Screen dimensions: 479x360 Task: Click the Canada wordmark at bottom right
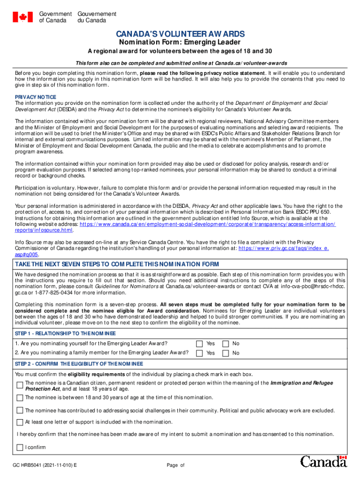tap(324, 462)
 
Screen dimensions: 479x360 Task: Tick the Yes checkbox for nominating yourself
tap(200, 344)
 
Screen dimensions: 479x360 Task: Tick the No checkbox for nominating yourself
tap(226, 344)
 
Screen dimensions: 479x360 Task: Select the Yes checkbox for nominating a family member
tap(200, 353)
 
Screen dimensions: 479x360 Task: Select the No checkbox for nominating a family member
tap(226, 353)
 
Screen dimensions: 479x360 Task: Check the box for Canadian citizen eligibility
tap(20, 385)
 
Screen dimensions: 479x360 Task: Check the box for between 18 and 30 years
tap(20, 398)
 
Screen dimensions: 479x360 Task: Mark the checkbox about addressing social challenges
tap(20, 410)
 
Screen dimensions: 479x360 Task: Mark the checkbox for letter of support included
tap(20, 422)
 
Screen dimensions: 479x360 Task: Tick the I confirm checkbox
tap(20, 448)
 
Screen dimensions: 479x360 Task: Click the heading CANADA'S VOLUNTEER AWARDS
tap(180, 34)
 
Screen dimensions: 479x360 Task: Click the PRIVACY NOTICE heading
tap(36, 97)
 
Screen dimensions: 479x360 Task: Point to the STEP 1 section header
tap(65, 333)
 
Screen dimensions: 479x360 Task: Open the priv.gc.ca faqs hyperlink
tap(283, 249)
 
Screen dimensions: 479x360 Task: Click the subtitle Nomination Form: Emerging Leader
tap(180, 42)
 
